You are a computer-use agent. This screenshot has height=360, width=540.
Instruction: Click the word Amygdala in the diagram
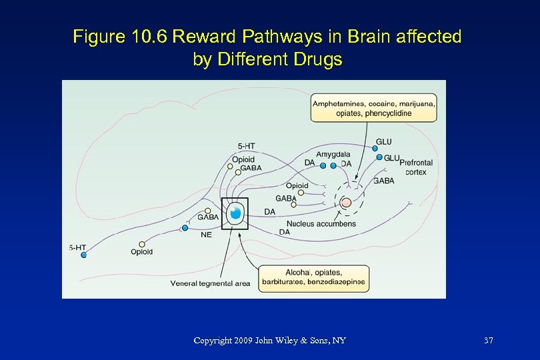click(333, 155)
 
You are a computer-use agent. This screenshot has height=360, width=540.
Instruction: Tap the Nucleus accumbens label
click(321, 224)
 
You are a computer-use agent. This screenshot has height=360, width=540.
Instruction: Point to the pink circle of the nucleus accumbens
click(346, 203)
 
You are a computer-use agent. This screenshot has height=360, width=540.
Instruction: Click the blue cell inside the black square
click(235, 214)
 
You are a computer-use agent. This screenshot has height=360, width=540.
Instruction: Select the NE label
click(206, 235)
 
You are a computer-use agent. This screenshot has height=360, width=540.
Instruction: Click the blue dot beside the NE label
click(185, 228)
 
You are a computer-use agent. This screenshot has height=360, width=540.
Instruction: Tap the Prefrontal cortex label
click(416, 167)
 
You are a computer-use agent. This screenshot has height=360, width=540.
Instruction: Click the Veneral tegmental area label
click(210, 283)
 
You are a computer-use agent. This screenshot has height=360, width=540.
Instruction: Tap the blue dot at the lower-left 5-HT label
click(84, 255)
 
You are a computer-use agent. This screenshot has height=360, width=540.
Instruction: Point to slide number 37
click(489, 341)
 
